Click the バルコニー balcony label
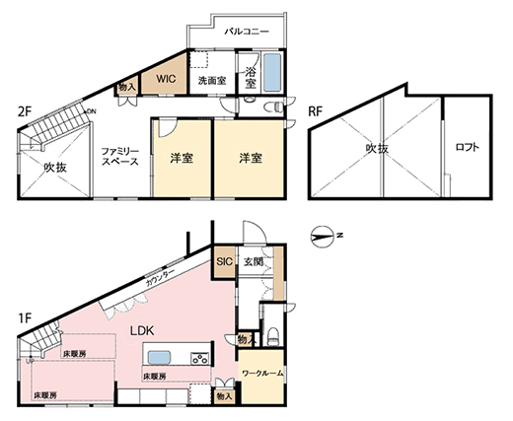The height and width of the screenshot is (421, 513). coord(247,32)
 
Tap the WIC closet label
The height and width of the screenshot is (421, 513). coord(163,77)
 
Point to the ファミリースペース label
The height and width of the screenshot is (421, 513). coord(121,155)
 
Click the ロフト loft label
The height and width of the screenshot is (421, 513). coord(467,149)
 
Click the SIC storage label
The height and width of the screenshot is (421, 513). coord(224,261)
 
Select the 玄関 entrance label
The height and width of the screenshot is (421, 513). coord(253,262)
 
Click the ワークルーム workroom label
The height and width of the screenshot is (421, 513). coord(262,375)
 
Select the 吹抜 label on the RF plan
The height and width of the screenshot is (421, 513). coord(377,149)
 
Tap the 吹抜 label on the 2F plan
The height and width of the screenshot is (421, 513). coord(55,168)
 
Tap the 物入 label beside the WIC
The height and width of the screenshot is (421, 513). coord(126,89)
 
